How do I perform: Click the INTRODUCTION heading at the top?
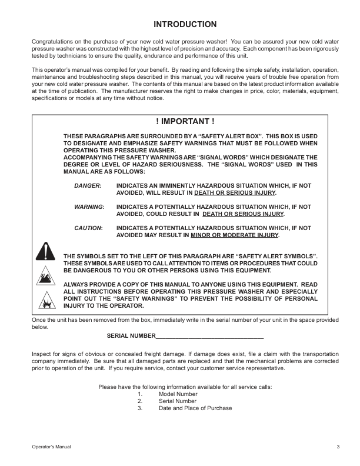[185, 24]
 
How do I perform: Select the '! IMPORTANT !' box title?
[185, 121]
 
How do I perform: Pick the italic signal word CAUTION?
[88, 228]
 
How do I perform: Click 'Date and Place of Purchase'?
[195, 408]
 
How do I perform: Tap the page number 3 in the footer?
[338, 447]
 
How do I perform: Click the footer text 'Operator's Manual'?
[51, 447]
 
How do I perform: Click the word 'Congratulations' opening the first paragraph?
[50, 42]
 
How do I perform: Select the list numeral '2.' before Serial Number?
[140, 401]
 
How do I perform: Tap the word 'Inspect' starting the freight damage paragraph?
[41, 354]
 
